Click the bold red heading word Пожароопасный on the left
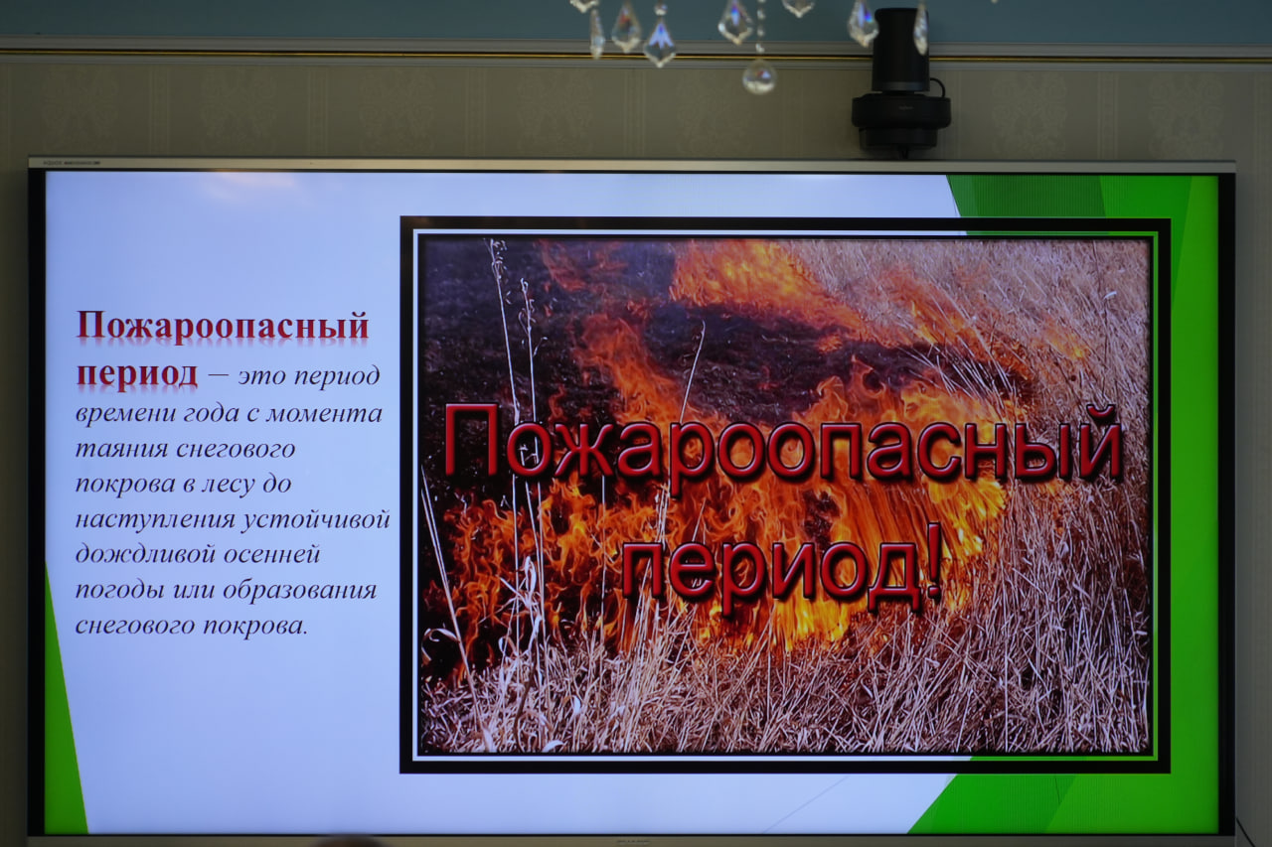click(223, 327)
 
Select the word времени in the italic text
click(125, 414)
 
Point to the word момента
click(324, 414)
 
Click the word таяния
click(121, 449)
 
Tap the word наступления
click(155, 520)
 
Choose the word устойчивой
click(316, 520)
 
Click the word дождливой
click(144, 554)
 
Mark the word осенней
click(272, 555)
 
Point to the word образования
click(299, 590)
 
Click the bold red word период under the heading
click(137, 374)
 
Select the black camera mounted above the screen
click(900, 82)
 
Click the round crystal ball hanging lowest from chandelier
click(759, 76)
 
